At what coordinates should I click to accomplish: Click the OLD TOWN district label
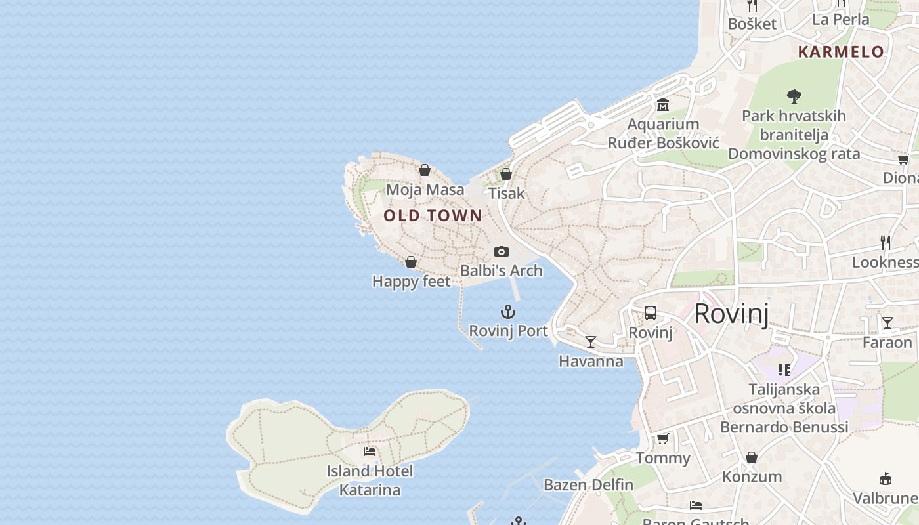(433, 215)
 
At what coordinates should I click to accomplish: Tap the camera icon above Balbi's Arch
(502, 252)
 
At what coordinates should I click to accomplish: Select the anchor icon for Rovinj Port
(508, 312)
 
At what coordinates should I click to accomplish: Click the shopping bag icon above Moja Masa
(425, 171)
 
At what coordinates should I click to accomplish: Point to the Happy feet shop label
(411, 282)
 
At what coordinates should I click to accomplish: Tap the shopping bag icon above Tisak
(506, 174)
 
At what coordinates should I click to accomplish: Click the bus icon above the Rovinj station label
(651, 313)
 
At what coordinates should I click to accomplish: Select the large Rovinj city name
(731, 314)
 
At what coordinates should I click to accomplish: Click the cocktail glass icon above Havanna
(591, 341)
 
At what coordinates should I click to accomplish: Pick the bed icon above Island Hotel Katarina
(370, 451)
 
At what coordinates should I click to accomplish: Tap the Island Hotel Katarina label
(370, 480)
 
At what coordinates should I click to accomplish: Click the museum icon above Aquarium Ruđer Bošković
(663, 105)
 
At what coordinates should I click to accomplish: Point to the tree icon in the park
(794, 96)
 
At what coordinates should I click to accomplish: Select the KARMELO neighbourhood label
(841, 52)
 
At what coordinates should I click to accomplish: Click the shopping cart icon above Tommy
(663, 438)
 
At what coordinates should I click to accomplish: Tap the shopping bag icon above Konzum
(752, 457)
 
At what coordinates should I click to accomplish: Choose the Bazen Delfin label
(588, 485)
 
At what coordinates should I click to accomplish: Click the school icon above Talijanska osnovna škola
(784, 370)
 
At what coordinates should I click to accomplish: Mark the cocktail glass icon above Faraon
(887, 323)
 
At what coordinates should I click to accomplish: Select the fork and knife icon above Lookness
(886, 243)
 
